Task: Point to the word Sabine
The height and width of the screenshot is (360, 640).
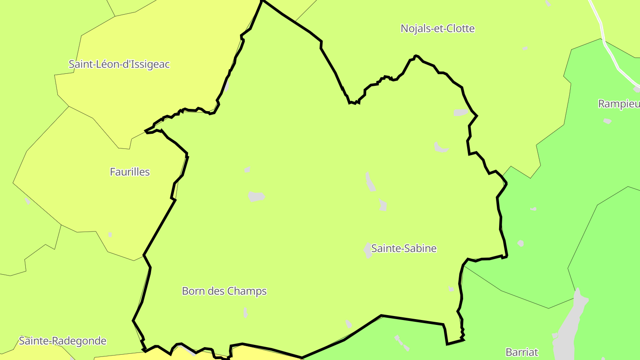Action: click(420, 248)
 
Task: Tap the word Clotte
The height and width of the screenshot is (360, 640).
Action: click(460, 28)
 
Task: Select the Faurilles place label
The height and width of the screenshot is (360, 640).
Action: click(130, 172)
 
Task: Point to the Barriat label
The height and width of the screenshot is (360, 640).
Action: click(522, 352)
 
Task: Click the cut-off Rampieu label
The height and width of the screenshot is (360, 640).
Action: click(619, 104)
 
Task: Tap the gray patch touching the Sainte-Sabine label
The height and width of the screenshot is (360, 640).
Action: click(368, 250)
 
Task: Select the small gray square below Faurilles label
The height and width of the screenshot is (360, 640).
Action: click(110, 235)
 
